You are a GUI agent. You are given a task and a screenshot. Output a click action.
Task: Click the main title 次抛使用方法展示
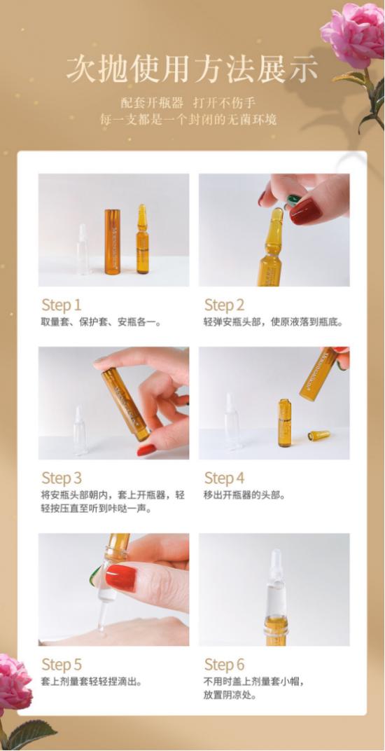click(x=192, y=69)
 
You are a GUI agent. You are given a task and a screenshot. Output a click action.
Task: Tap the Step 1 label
click(x=62, y=305)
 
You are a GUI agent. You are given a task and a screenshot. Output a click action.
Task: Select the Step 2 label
click(x=224, y=305)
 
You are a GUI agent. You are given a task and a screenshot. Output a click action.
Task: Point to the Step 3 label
click(x=62, y=478)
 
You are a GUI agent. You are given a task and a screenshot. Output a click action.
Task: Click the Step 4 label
click(x=224, y=478)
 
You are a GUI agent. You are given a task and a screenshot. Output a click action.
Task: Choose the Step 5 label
click(x=62, y=664)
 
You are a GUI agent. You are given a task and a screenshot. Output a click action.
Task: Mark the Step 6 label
click(x=224, y=664)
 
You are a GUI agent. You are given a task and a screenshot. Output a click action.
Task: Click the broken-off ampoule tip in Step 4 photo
click(x=318, y=435)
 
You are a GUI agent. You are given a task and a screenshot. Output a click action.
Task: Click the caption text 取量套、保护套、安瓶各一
click(x=101, y=322)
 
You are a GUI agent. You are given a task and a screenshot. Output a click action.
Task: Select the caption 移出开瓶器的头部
click(x=245, y=495)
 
